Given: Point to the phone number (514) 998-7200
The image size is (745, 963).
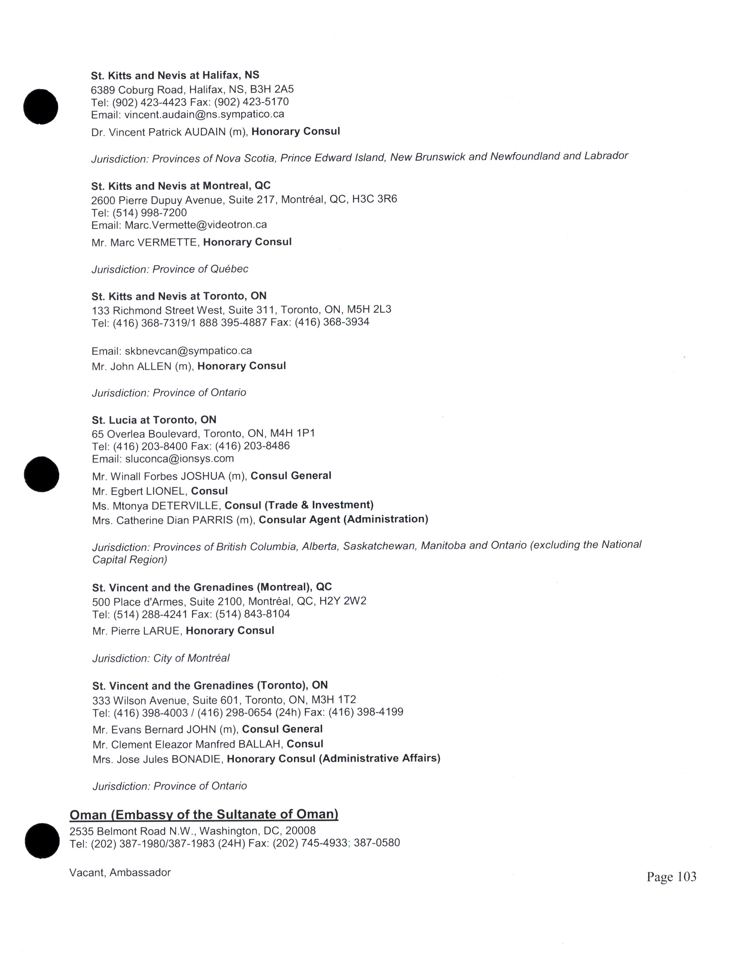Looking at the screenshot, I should pyautogui.click(x=150, y=212).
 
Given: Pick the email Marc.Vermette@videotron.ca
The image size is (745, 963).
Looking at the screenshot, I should pyautogui.click(x=195, y=225).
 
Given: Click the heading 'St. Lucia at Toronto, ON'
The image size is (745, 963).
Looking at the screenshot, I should pyautogui.click(x=154, y=420).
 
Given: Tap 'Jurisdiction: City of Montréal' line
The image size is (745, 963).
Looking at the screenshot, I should pyautogui.click(x=161, y=658).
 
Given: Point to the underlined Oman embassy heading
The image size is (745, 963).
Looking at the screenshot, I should pyautogui.click(x=204, y=814).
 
